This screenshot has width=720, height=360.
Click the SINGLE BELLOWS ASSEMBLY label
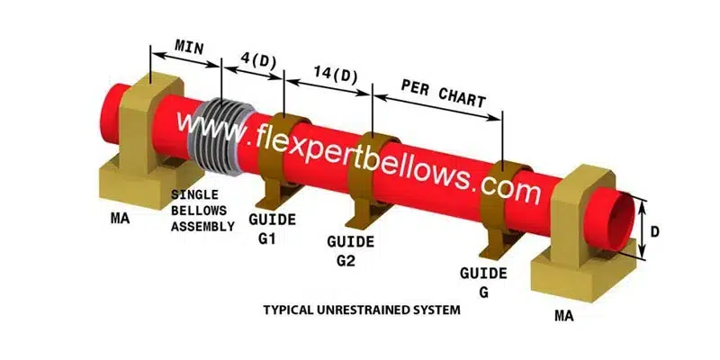tap(206, 211)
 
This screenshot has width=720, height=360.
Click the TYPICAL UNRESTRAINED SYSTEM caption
tap(361, 310)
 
